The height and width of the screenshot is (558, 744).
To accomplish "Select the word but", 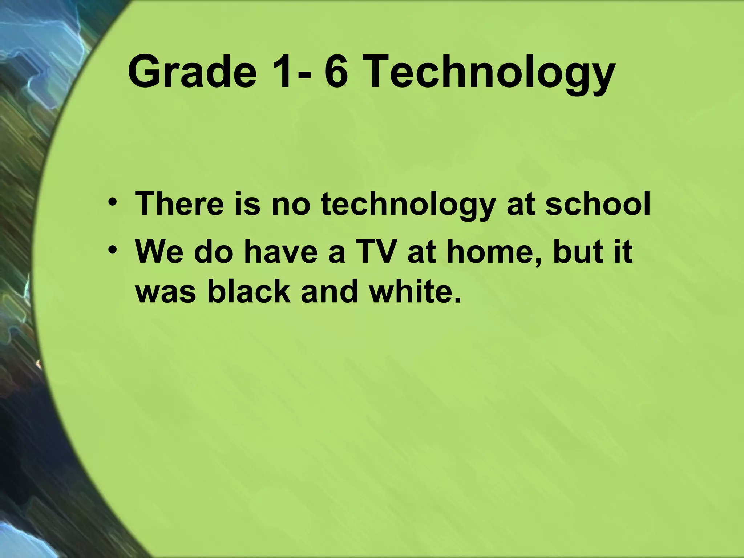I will [578, 251].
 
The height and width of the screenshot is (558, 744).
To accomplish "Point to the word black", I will [248, 292].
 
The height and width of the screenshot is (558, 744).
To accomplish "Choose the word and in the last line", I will [329, 292].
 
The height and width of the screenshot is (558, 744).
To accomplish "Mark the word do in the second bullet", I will [213, 251].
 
